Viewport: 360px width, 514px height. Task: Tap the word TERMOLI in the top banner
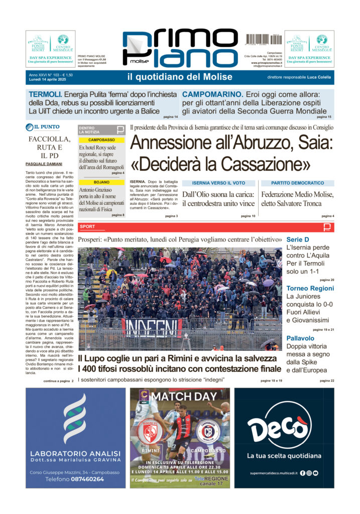(45, 94)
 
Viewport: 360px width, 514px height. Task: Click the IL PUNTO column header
(46, 127)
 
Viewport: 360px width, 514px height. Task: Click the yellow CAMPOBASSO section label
(101, 140)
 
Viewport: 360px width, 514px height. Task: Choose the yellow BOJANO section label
(101, 182)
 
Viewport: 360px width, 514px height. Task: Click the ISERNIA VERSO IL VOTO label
(218, 183)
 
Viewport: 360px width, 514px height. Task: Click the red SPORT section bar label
(87, 227)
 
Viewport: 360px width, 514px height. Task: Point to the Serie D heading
(297, 239)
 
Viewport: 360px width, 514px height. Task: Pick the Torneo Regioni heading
(310, 288)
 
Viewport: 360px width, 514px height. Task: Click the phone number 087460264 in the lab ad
(75, 479)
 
